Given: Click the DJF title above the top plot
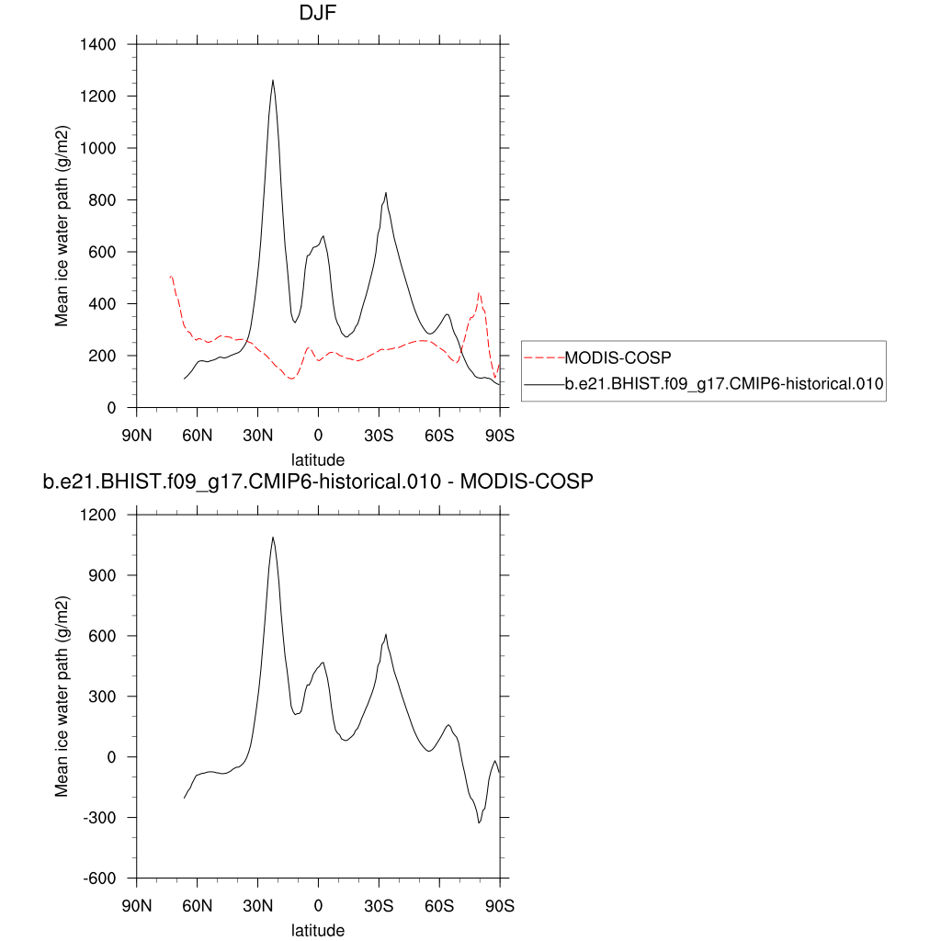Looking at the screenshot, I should coord(318,14).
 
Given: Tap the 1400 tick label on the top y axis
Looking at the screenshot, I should coord(96,44).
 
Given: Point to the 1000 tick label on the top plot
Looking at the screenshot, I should coord(96,148).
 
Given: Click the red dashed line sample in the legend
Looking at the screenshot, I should coord(543,357).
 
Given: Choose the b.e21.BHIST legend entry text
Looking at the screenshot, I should coord(723,386).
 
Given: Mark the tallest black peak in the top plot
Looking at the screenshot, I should coord(273,81).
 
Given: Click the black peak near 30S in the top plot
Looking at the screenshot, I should coord(386,193).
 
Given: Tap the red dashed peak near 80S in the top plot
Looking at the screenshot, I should coord(479,294).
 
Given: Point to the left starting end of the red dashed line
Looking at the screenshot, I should coord(170,276).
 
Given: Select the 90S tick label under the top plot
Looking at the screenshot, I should coord(499,435).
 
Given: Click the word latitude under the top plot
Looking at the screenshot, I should coord(318,459).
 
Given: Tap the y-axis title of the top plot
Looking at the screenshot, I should coord(62,226).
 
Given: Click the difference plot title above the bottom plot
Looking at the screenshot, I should coord(318,481).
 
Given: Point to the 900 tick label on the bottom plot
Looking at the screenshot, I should coord(101,575).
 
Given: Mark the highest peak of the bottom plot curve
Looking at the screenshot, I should coord(273,538).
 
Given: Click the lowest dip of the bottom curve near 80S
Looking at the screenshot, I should coord(479,822).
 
